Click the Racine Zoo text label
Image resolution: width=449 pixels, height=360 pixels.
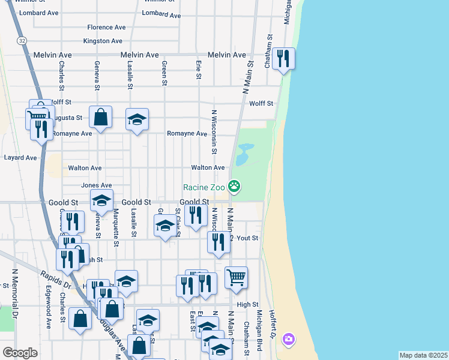coord(204,188)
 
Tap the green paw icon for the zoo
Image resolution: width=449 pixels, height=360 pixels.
coord(234,187)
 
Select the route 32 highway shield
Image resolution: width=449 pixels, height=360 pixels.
coord(22,40)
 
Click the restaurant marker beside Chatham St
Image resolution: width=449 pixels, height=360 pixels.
coord(283,59)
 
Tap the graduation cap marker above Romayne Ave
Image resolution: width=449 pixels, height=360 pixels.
coord(137,119)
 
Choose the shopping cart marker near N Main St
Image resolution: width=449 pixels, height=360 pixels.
coord(236,278)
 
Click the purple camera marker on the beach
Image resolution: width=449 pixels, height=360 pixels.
coord(289,340)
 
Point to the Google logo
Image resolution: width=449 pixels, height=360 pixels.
coord(20,352)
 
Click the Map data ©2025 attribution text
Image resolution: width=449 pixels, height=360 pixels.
coord(423,355)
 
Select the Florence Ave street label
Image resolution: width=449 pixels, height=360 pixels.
coord(106,28)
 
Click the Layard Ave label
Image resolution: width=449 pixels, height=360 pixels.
coord(20,158)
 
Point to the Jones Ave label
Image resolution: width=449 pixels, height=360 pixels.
coord(96,185)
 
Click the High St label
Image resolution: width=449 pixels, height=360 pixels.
coord(247,305)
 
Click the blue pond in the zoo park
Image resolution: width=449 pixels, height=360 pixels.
coord(244,155)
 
